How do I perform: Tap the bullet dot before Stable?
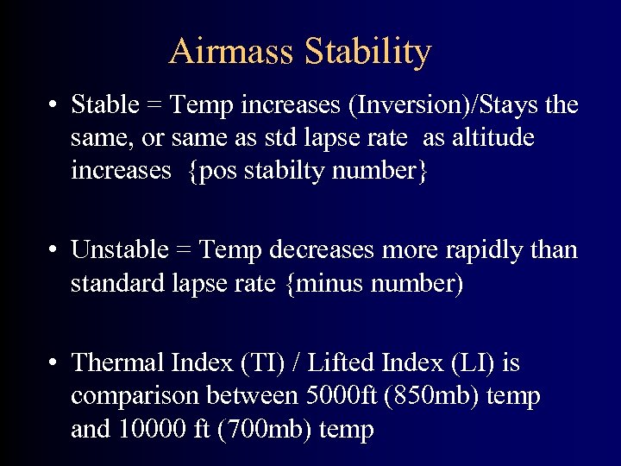(x=53, y=106)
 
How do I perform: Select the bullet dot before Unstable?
(x=53, y=251)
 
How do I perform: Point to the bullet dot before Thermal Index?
(x=53, y=363)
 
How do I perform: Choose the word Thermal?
(x=119, y=363)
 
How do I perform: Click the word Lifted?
(x=342, y=363)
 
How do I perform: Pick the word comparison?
(x=135, y=396)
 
